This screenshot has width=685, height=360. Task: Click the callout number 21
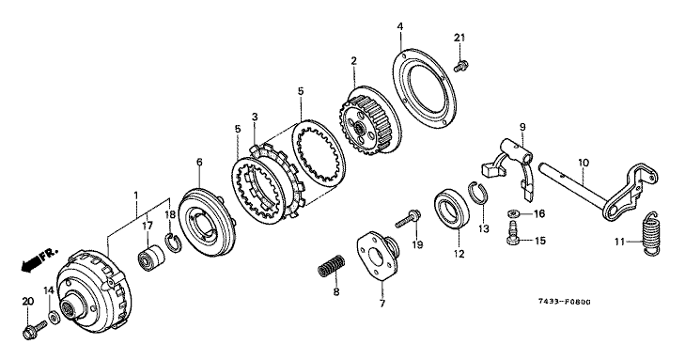[x=459, y=38]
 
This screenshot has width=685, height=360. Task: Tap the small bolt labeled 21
[x=460, y=67]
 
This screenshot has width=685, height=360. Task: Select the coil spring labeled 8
[x=331, y=265]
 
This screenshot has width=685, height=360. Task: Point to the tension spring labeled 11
[x=651, y=233]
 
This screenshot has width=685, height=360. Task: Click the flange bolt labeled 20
[x=34, y=330]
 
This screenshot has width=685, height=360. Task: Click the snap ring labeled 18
[x=174, y=243]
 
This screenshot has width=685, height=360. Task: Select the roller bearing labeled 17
[x=152, y=258]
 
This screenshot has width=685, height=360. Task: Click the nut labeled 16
[x=514, y=213]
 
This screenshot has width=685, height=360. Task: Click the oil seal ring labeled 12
[x=451, y=209]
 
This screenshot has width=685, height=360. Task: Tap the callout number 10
[x=584, y=164]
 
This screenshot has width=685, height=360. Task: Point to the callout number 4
[x=399, y=26]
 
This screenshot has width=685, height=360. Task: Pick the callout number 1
[x=136, y=194]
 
